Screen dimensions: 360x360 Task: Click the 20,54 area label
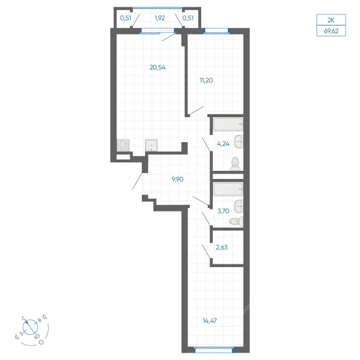coord(157,67)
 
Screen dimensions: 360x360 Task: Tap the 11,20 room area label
coord(206,80)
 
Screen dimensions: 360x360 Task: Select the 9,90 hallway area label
coord(178,179)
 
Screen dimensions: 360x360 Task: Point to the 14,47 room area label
coord(210,321)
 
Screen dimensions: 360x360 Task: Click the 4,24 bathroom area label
coord(223,144)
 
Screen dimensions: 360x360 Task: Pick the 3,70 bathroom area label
coord(223,211)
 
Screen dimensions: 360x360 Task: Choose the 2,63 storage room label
coord(222,247)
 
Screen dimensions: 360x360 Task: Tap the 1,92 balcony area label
coord(160,18)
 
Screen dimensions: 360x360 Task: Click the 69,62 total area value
coord(331,31)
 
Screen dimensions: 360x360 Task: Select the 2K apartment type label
coord(331,20)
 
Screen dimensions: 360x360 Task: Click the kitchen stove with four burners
coord(123,145)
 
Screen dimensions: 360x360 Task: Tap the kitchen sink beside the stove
coord(151,145)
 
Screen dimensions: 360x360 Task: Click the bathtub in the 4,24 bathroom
coord(228,124)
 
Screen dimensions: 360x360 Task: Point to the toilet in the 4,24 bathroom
coord(235,164)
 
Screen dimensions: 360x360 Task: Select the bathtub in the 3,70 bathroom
coord(228,189)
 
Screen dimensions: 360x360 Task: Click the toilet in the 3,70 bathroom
coord(236,221)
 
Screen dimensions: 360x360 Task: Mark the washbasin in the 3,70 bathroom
coord(239,206)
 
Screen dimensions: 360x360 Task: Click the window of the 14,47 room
coord(214,349)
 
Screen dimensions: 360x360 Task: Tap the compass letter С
coord(24,318)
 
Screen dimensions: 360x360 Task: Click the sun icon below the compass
coord(41,342)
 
